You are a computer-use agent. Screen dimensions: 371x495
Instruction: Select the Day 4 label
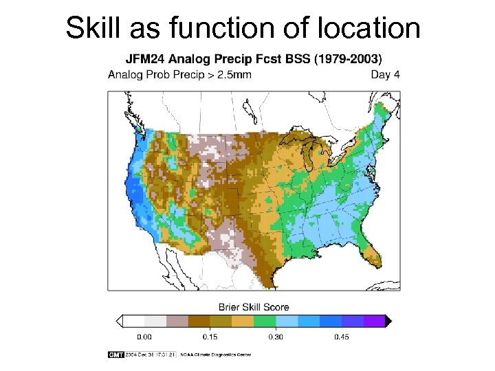pyautogui.click(x=385, y=75)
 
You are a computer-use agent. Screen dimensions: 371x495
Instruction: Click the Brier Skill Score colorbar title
pyautogui.click(x=254, y=307)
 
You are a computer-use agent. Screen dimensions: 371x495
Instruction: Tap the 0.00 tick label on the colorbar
pyautogui.click(x=145, y=337)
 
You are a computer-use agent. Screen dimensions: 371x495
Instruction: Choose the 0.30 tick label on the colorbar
pyautogui.click(x=276, y=337)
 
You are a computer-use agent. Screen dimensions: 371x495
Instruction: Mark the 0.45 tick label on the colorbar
pyautogui.click(x=340, y=337)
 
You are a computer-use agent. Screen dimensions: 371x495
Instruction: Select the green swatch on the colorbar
pyautogui.click(x=265, y=321)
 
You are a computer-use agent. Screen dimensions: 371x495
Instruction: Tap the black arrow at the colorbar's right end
pyautogui.click(x=388, y=321)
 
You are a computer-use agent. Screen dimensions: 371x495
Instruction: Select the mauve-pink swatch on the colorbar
pyautogui.click(x=178, y=321)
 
